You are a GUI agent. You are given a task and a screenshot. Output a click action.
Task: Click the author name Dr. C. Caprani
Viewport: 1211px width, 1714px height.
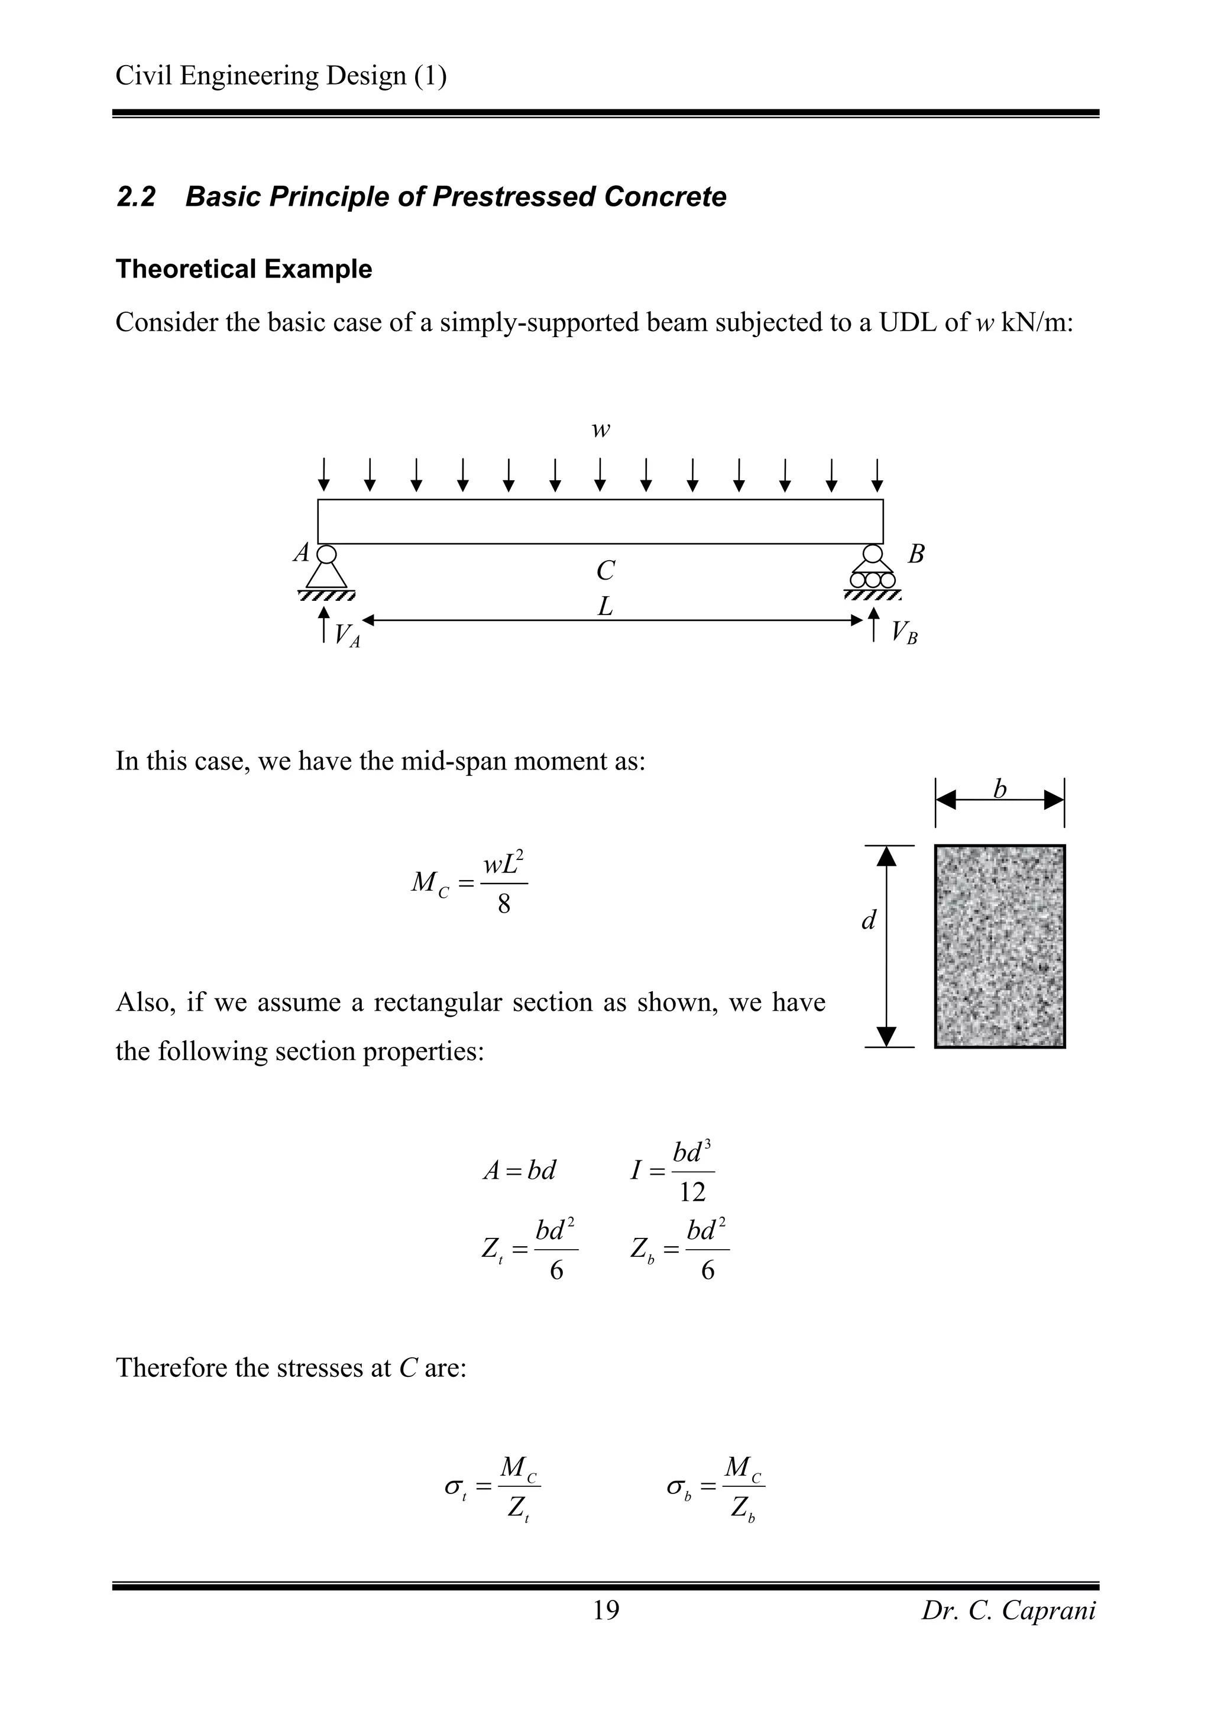click(x=1008, y=1610)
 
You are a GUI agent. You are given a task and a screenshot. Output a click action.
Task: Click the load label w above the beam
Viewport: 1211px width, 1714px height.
click(x=601, y=430)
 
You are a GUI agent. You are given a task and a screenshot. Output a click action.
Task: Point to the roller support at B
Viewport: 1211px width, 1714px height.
click(x=872, y=571)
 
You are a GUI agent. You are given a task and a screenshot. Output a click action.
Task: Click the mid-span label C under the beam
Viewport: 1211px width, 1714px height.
click(x=605, y=571)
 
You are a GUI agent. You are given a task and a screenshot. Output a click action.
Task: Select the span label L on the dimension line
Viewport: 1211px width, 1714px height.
click(x=605, y=607)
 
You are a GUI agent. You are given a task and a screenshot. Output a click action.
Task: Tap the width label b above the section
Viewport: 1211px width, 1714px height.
click(x=1000, y=789)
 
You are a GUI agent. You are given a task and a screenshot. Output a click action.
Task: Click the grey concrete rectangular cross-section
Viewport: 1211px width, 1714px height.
click(x=999, y=946)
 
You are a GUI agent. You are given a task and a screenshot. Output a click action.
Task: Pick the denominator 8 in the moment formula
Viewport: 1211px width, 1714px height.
click(x=504, y=905)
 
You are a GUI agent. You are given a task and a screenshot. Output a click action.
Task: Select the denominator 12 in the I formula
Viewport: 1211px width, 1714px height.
click(x=692, y=1193)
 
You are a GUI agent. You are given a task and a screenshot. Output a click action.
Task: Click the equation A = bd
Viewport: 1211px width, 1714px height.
click(x=519, y=1170)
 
